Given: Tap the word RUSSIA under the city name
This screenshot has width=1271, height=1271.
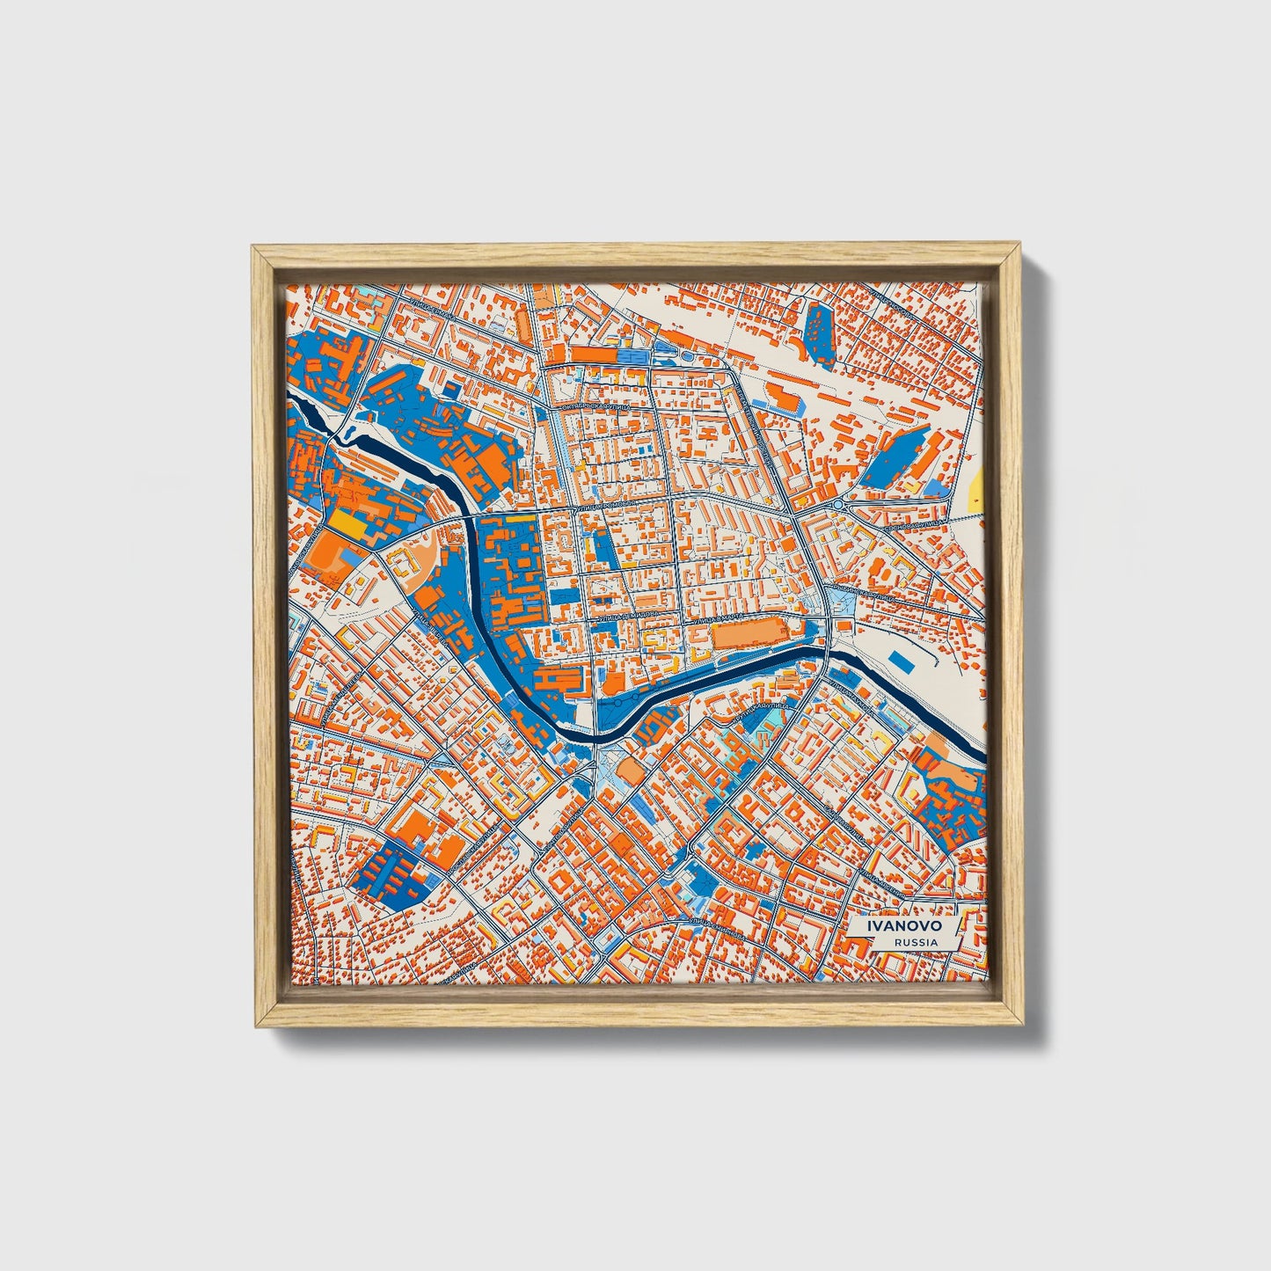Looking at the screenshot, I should point(912,942).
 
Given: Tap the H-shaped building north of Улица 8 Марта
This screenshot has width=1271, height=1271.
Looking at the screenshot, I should point(724,570).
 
